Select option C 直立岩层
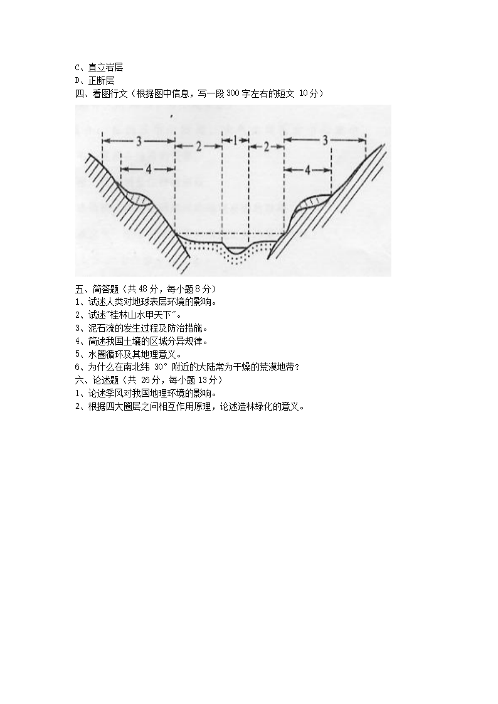99,67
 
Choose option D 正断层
94,80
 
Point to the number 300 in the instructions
233,93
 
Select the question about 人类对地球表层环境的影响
146,302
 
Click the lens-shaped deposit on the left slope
140,198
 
